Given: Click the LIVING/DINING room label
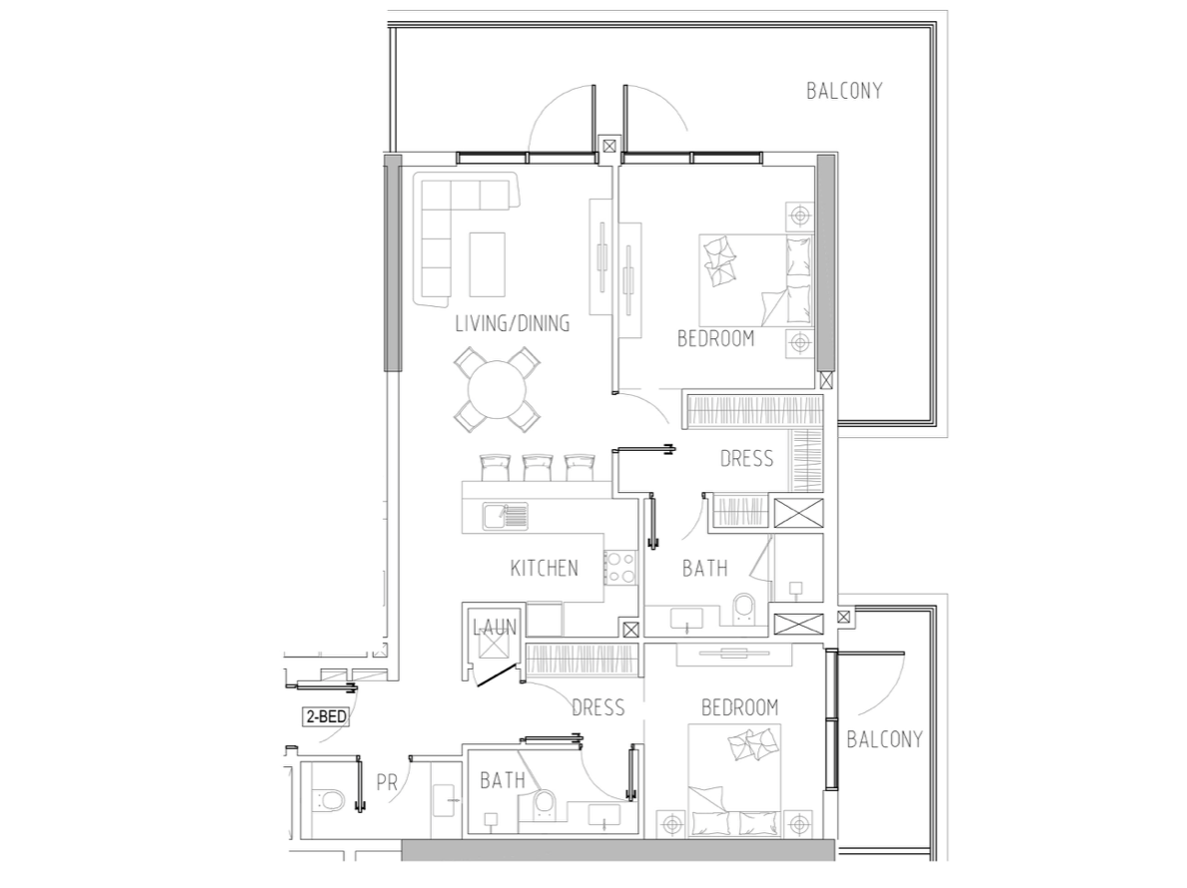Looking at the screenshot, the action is coord(512,324).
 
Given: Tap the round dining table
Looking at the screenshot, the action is coord(497,390).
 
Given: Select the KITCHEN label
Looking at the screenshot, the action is coord(545,568).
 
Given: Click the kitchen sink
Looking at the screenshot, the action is coord(506,516).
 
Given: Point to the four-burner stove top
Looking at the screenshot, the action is coord(620,567).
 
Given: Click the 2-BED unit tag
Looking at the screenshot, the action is coord(326,716).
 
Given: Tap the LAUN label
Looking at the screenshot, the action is coord(495,628).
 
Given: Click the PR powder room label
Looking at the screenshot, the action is coord(387,782).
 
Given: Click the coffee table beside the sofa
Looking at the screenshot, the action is coord(487,264).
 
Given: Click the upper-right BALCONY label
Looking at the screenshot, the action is coord(844,91).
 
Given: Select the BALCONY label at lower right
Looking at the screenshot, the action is coord(884,739).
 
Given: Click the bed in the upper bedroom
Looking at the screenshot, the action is coord(755,280).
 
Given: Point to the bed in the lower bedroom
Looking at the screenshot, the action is coord(734,780).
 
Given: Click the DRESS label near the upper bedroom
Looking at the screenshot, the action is coord(746,459).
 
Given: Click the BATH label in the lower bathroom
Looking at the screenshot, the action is coord(503,780).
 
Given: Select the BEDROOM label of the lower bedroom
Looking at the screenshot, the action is coord(739,707).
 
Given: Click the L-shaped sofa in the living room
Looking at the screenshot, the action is coord(454,227).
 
